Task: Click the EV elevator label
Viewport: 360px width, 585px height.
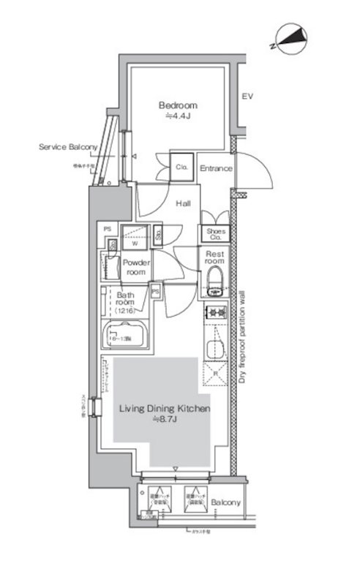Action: point(248,96)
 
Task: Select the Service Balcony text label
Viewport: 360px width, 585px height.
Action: point(68,147)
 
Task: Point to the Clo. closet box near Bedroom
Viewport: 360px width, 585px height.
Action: point(181,167)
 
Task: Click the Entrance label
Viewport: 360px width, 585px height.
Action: point(216,168)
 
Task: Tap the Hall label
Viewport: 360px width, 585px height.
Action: point(183,204)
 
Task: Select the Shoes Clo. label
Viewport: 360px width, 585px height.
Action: point(214,234)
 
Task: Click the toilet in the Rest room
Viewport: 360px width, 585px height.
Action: point(215,279)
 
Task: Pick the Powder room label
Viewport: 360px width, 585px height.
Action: point(135,266)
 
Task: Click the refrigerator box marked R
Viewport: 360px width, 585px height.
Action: point(215,373)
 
